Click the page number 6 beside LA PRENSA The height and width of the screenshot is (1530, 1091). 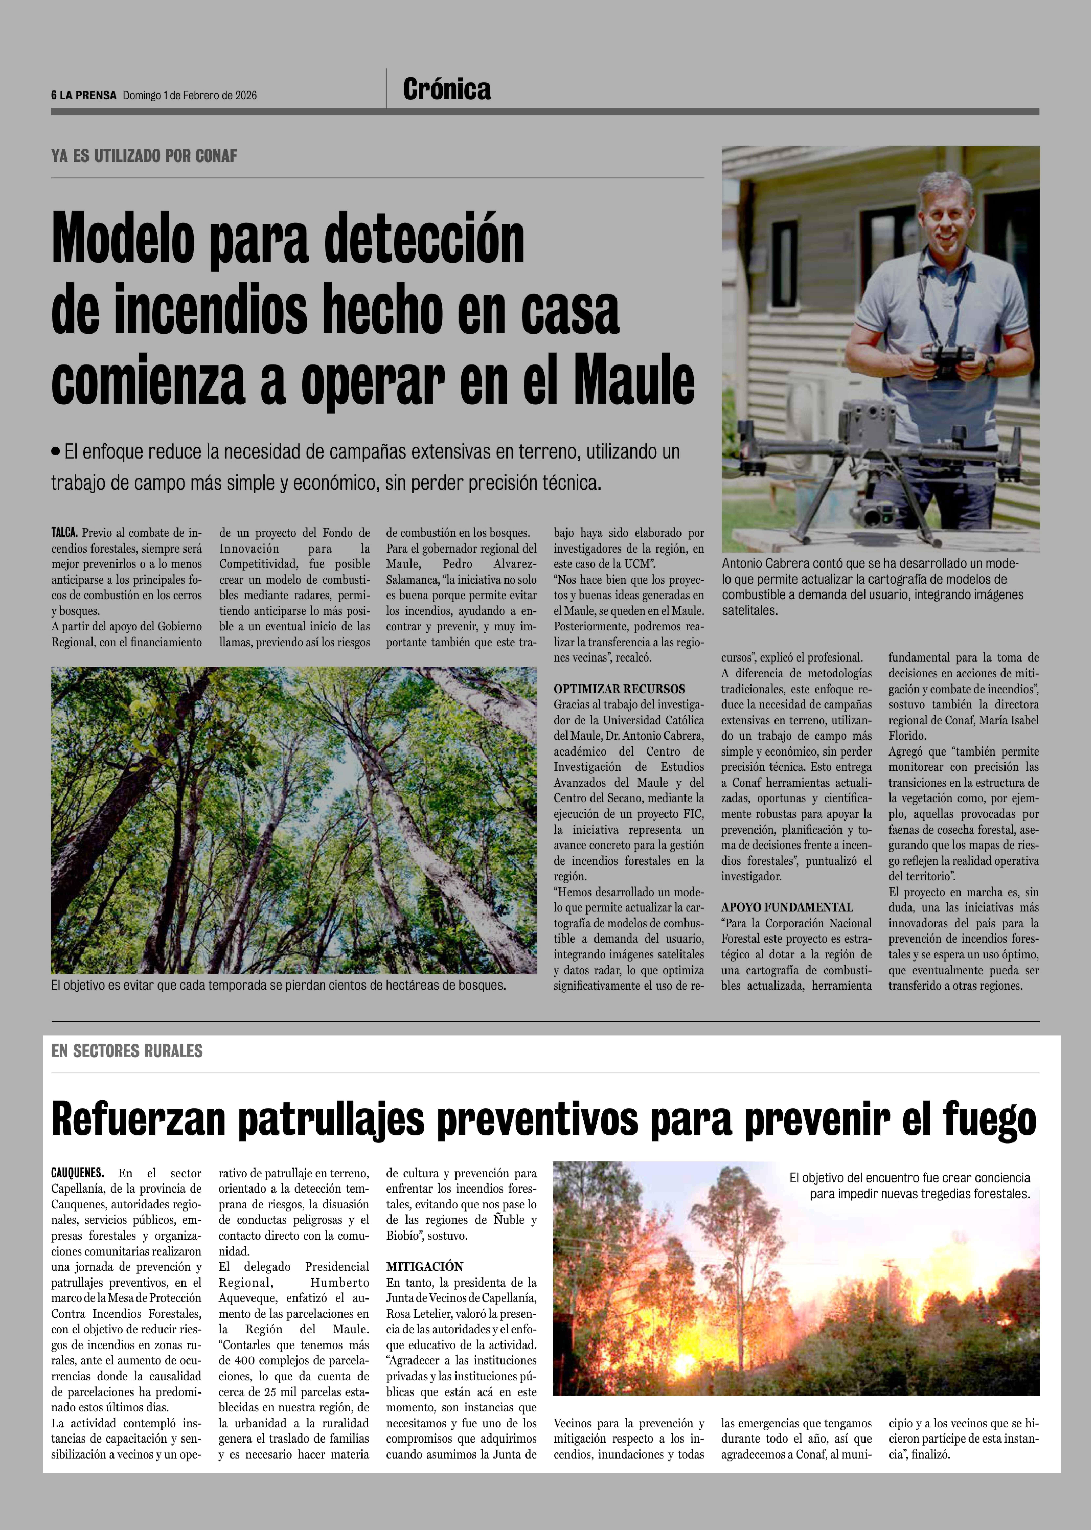click(x=54, y=95)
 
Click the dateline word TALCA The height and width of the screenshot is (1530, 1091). click(x=64, y=533)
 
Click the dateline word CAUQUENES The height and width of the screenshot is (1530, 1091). click(x=77, y=1173)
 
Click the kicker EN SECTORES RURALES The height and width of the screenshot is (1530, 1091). click(x=127, y=1051)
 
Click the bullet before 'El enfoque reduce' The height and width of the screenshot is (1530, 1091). click(x=56, y=452)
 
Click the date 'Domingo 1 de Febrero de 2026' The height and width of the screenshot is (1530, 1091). click(x=189, y=95)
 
